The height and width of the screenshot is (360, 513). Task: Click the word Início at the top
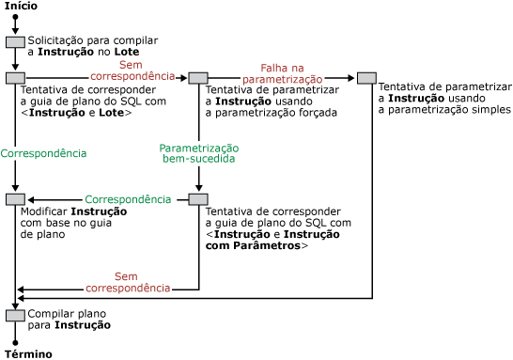[21, 7]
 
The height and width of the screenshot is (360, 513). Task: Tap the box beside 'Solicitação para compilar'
[15, 42]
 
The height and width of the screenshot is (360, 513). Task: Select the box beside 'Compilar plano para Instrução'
[15, 315]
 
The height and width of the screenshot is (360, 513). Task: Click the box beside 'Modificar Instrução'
[15, 199]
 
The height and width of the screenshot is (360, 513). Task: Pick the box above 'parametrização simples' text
[365, 78]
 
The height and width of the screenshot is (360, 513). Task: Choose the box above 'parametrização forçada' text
[198, 78]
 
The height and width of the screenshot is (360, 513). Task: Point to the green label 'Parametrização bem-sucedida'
[199, 154]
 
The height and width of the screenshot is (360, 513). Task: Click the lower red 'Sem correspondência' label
[127, 282]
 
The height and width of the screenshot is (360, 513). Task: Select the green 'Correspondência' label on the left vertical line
[44, 152]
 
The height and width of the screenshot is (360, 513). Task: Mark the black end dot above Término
[15, 342]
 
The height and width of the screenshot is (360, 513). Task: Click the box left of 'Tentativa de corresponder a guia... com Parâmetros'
[198, 199]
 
